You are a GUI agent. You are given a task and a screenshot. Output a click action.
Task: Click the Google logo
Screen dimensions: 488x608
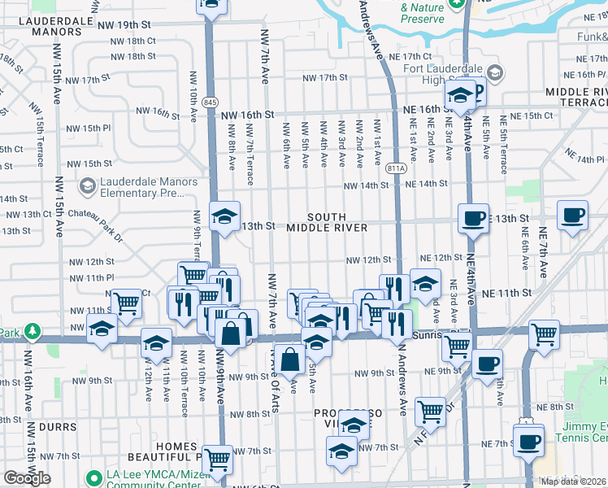pyautogui.click(x=27, y=478)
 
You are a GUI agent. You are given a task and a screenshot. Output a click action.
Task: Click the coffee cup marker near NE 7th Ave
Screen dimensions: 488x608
pyautogui.click(x=572, y=216)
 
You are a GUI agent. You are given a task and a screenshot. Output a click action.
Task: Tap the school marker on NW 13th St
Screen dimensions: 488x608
pyautogui.click(x=224, y=216)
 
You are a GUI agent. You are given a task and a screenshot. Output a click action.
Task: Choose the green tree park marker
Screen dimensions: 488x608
pyautogui.click(x=32, y=332)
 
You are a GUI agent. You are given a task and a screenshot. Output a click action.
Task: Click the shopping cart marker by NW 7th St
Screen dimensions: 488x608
pyautogui.click(x=217, y=460)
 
